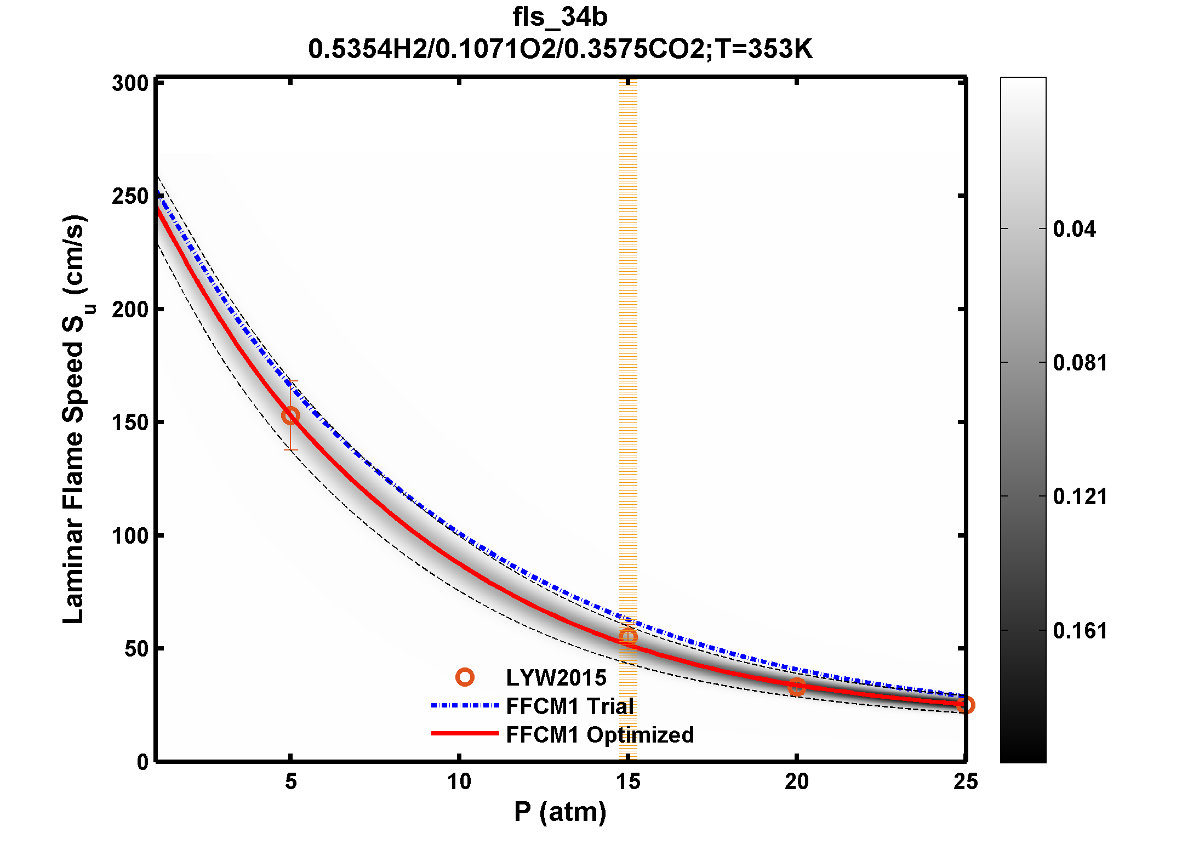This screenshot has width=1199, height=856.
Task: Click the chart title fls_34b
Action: (x=559, y=17)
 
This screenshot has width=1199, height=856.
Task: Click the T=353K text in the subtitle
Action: (x=764, y=49)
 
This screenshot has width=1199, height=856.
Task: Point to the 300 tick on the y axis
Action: (x=130, y=83)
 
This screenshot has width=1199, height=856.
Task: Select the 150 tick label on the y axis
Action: (x=130, y=423)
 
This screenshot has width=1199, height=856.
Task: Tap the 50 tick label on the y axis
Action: (x=136, y=649)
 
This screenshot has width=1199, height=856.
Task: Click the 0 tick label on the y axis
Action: (x=143, y=762)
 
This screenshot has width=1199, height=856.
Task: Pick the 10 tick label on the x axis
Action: (x=459, y=782)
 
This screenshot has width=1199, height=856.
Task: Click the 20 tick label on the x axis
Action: (x=796, y=782)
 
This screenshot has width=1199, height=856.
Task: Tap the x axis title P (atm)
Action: (x=559, y=812)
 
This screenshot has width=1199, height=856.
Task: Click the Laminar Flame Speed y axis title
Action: (x=74, y=419)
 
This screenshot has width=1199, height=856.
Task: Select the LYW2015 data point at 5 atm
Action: (x=290, y=416)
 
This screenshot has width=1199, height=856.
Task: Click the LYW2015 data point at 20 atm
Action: (x=797, y=686)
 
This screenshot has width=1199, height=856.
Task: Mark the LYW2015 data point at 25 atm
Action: (x=966, y=705)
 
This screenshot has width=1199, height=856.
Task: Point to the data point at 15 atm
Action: (x=628, y=637)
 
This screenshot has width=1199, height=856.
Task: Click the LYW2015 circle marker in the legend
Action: (x=465, y=677)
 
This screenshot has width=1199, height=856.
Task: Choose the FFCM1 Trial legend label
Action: (x=570, y=706)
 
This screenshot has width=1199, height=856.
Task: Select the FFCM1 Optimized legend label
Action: (x=599, y=735)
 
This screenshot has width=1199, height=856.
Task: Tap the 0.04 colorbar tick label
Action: (x=1074, y=229)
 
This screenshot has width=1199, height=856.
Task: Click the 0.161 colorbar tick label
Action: (x=1080, y=631)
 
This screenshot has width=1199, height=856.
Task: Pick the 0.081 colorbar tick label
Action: (x=1080, y=363)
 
